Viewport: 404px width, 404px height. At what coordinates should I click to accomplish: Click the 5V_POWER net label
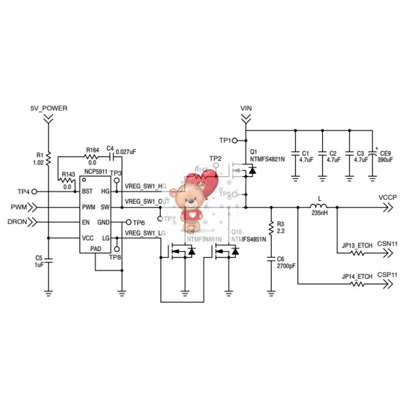(x=48, y=108)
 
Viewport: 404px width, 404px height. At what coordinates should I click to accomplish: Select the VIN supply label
(x=246, y=108)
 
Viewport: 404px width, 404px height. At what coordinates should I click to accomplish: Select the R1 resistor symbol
(x=48, y=158)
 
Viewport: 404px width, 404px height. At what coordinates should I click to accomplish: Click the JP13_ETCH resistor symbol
(x=356, y=252)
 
